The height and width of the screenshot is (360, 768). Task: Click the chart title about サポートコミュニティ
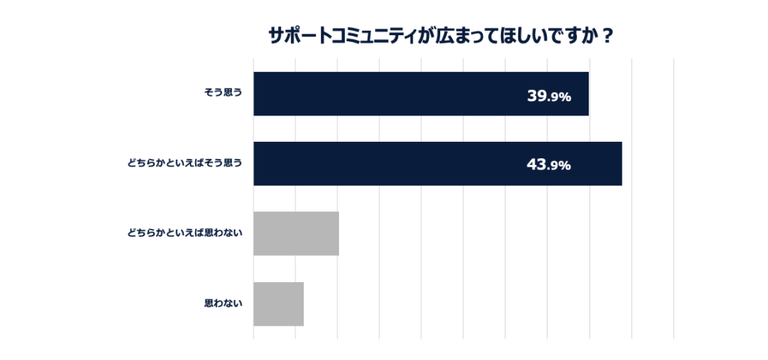point(441,36)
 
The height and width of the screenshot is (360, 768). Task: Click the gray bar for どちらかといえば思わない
point(296,233)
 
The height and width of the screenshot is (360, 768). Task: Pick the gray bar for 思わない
point(278,304)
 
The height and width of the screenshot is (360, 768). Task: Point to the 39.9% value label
point(549,96)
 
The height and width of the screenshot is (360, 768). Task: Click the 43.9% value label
point(549,165)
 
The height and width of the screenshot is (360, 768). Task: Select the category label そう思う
point(223,94)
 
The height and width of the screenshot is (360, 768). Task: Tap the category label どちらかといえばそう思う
point(185,163)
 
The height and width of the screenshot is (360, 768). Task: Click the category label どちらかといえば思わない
point(185,233)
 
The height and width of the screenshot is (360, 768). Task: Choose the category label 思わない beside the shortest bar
point(223,304)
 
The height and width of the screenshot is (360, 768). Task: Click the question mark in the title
point(607,36)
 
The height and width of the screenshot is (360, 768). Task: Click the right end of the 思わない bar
point(302,304)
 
